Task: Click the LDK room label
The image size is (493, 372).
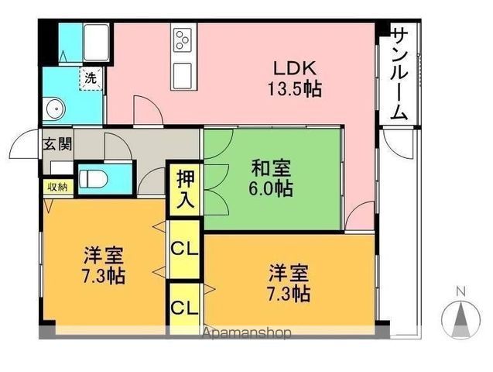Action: pos(295,68)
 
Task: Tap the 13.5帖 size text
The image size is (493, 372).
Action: pos(295,89)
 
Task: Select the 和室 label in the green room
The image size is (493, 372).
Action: pos(271,168)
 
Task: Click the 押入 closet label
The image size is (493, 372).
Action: pos(185,189)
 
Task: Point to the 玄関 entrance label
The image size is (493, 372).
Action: pos(58,144)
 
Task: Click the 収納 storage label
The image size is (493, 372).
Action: pos(57,187)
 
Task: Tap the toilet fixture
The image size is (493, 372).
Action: pos(94,179)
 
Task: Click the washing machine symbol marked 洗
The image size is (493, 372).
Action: pos(91,78)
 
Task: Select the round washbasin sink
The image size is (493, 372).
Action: pos(56,109)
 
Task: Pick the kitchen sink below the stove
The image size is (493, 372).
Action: pos(182,75)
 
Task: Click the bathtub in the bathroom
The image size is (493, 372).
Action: pos(96,43)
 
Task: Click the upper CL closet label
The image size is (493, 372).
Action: pos(184,248)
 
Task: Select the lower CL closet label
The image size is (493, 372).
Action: pos(184,308)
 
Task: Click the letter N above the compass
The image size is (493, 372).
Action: pos(461,291)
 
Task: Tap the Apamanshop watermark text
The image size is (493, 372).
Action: pos(246,333)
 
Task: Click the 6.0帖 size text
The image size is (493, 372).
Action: pos(271,188)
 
